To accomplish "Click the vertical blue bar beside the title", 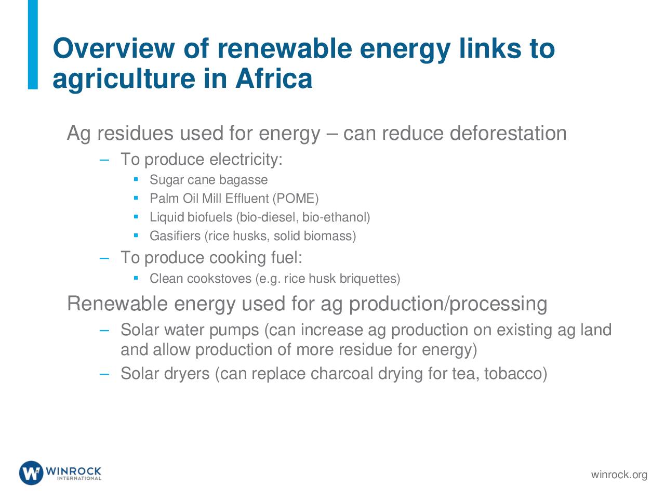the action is (x=33, y=45).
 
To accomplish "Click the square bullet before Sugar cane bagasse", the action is (x=136, y=179).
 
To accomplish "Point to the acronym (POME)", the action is (x=296, y=199).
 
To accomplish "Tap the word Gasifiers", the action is (x=175, y=235).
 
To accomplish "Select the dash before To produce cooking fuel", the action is (x=104, y=258).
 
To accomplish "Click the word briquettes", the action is (x=370, y=279).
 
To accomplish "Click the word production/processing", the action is (x=448, y=304).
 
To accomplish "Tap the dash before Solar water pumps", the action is (x=104, y=330).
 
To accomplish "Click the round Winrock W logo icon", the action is (x=31, y=473).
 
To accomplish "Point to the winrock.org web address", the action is (x=619, y=475).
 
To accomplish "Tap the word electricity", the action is (x=246, y=160).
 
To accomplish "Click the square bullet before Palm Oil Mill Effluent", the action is (x=136, y=198).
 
